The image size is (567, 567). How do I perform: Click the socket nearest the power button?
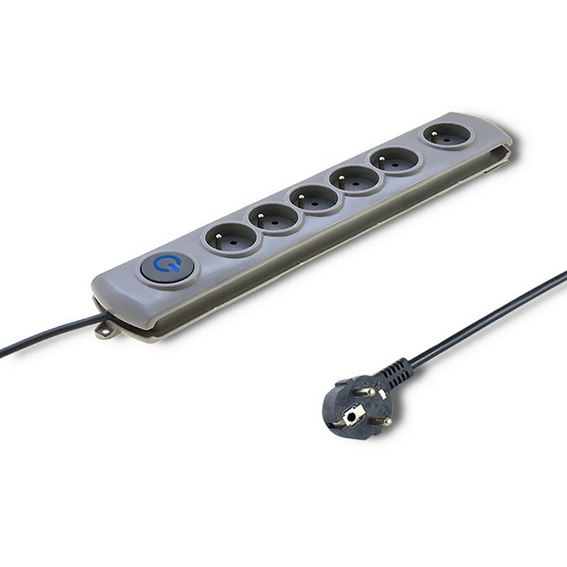click(232, 237)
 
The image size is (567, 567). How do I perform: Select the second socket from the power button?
click(274, 217)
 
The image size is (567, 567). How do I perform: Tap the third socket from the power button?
click(316, 198)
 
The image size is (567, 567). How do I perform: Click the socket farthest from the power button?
click(446, 134)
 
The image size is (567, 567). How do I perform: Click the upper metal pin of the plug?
click(367, 393)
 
